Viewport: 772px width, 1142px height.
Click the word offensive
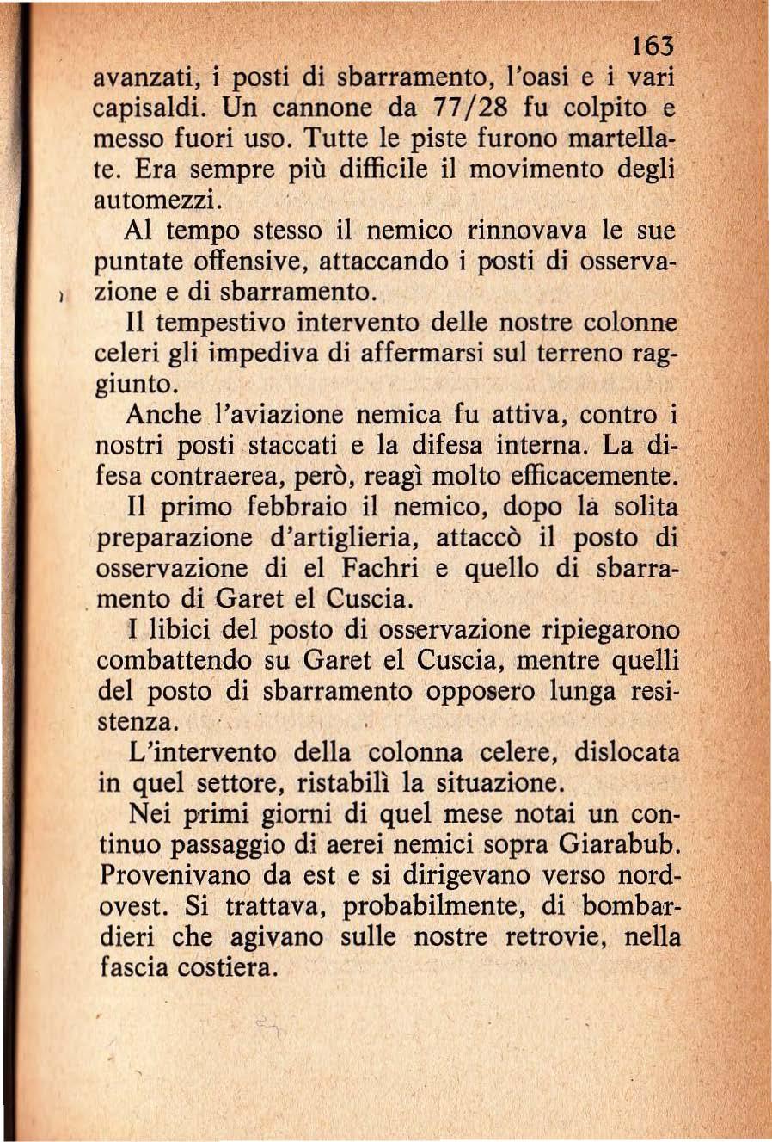[254, 262]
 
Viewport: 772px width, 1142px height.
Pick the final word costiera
[228, 967]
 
